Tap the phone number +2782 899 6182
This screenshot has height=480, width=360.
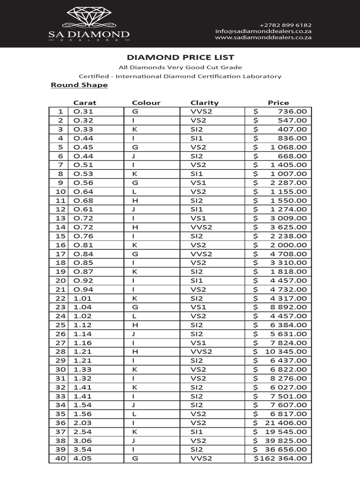click(285, 25)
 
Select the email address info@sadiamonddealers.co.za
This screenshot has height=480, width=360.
click(264, 31)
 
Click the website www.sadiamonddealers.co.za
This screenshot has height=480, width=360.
click(264, 38)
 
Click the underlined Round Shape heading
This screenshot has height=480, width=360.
click(79, 85)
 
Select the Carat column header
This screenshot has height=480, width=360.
click(84, 103)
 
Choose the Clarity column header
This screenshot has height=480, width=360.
click(204, 103)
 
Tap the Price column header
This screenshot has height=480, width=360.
click(278, 103)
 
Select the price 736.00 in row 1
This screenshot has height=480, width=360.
click(292, 112)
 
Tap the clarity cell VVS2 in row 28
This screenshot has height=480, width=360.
click(201, 352)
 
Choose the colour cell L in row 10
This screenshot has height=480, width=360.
click(134, 191)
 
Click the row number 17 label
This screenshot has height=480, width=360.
click(60, 254)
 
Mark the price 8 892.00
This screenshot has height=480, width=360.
click(287, 307)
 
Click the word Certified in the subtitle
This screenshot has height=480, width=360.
click(93, 76)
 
